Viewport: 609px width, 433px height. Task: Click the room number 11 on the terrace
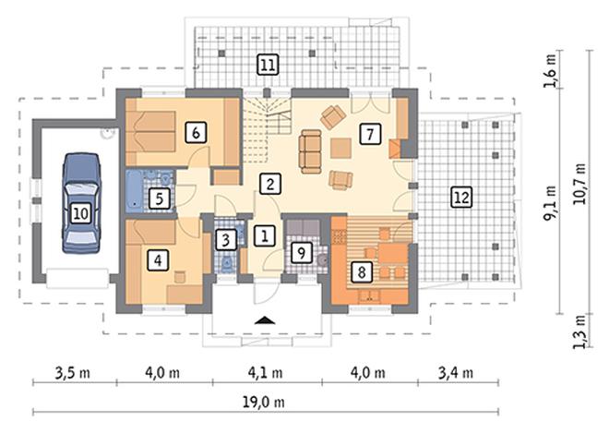(268, 65)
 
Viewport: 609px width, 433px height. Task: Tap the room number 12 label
(461, 197)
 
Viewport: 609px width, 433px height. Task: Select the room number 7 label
(370, 134)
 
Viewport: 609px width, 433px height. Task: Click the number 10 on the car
(81, 213)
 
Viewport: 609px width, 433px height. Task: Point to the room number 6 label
(196, 133)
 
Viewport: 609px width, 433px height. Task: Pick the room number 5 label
(160, 198)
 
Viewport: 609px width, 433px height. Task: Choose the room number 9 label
(301, 253)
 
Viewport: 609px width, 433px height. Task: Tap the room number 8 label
(362, 271)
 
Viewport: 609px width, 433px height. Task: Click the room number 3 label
(226, 239)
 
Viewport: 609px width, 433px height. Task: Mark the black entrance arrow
(265, 320)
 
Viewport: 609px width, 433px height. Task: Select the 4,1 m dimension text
(265, 373)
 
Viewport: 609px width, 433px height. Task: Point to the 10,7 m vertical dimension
(579, 184)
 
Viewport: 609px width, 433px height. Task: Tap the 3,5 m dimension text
(73, 373)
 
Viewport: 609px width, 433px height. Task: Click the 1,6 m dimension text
(550, 70)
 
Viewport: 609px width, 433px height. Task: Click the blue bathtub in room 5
(135, 191)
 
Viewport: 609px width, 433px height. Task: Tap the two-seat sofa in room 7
(310, 151)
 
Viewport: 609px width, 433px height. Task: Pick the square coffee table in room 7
(341, 148)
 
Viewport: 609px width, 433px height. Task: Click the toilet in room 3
(226, 264)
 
